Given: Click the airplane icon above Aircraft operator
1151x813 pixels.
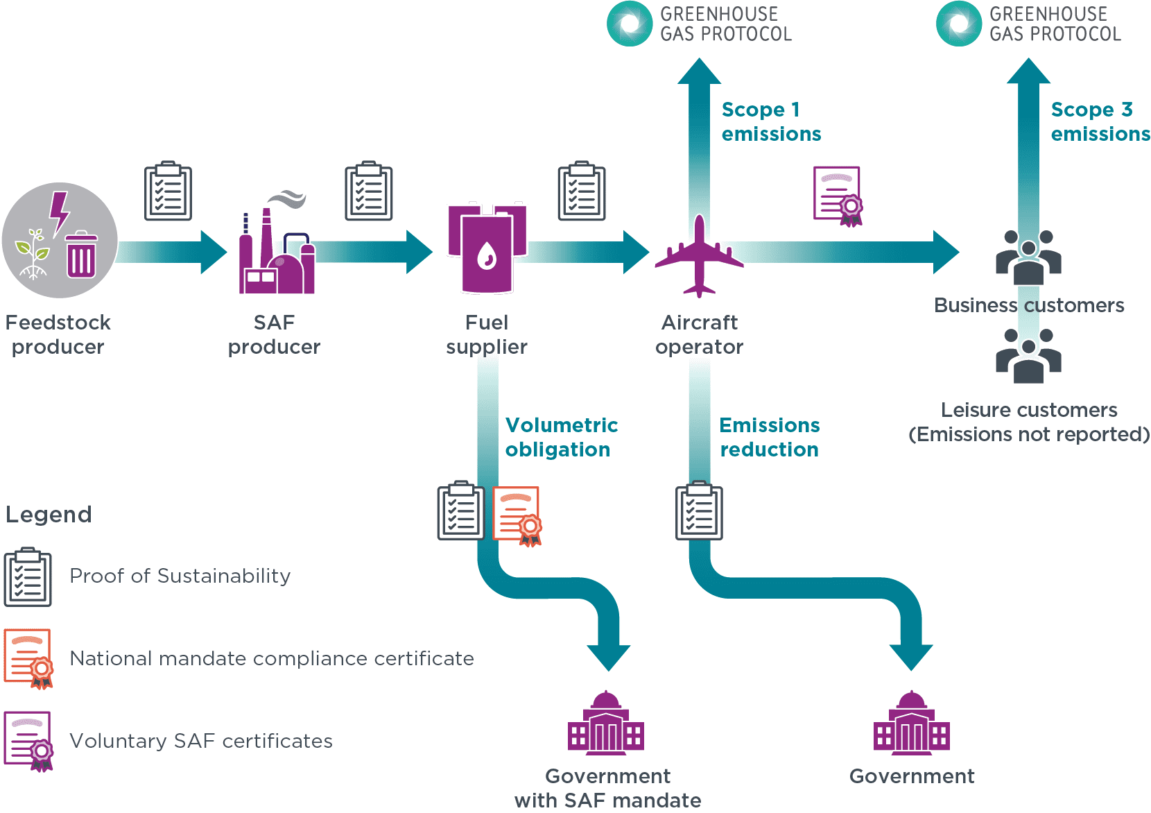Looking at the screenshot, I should click(x=699, y=256).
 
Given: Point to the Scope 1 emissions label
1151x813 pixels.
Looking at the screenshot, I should click(x=770, y=121).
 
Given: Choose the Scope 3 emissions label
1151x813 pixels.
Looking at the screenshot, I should click(x=1100, y=121).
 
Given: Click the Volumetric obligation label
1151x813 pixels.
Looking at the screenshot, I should click(x=561, y=437).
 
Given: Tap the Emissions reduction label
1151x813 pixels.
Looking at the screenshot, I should click(x=769, y=437).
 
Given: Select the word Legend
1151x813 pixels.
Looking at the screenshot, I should click(x=49, y=515).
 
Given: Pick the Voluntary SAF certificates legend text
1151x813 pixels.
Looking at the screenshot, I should click(x=201, y=741).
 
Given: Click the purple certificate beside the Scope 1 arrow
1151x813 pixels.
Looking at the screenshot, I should click(x=838, y=196).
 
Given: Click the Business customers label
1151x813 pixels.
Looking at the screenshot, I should click(x=1028, y=305).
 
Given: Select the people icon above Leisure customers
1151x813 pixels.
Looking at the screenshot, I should click(x=1028, y=356).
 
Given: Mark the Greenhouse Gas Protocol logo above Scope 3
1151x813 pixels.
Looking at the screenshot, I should click(x=1028, y=24).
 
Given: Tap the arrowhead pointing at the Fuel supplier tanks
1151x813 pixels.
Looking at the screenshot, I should click(x=419, y=252).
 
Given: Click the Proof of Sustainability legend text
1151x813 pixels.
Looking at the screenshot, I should click(x=180, y=576).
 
